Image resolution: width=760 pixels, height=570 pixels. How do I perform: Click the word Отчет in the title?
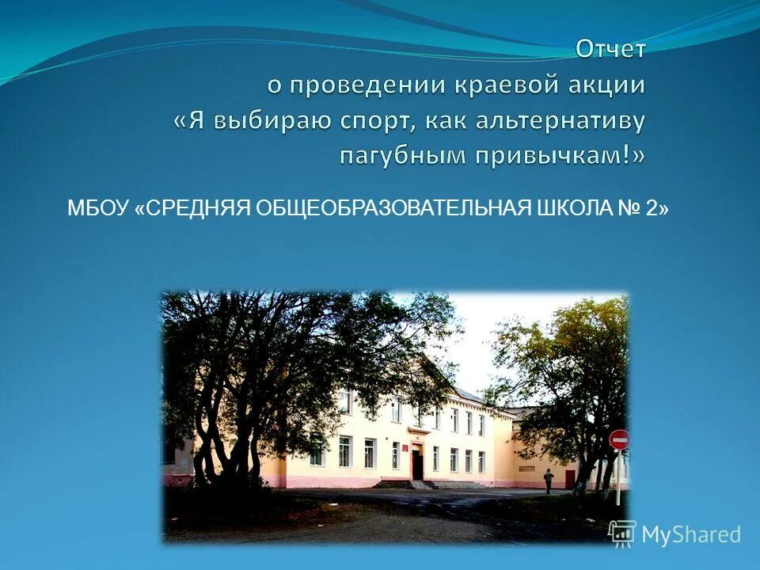point(610,49)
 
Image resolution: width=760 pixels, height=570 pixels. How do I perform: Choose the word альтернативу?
point(560,120)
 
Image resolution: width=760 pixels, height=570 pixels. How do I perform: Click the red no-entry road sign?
point(619,439)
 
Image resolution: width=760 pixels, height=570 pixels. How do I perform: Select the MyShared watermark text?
point(690,535)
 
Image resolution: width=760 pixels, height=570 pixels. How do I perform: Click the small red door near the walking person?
point(570,477)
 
